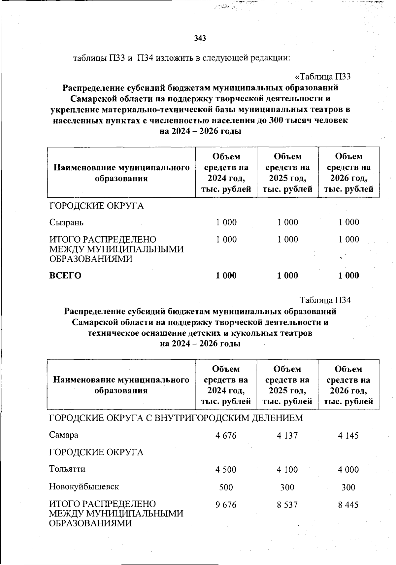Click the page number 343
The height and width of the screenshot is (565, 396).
(200, 38)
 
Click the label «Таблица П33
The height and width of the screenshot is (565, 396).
(322, 77)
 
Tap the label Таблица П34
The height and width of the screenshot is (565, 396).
(325, 300)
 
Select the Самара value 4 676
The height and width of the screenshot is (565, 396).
(226, 436)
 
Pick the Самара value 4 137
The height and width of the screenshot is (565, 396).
(287, 436)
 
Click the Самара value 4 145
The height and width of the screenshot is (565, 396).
(348, 436)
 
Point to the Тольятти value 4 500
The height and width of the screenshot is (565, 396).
(226, 470)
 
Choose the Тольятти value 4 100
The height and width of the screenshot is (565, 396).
(287, 470)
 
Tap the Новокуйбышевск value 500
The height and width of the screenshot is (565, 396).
(226, 487)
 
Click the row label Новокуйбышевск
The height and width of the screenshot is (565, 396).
(84, 486)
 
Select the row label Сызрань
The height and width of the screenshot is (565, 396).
(66, 222)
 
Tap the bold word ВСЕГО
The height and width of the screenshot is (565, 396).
(65, 276)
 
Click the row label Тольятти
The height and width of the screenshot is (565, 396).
(67, 469)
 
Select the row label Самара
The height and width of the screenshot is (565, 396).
(64, 435)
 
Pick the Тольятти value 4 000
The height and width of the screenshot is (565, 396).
(348, 470)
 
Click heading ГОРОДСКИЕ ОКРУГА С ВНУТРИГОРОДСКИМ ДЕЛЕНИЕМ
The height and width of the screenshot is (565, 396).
(176, 418)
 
